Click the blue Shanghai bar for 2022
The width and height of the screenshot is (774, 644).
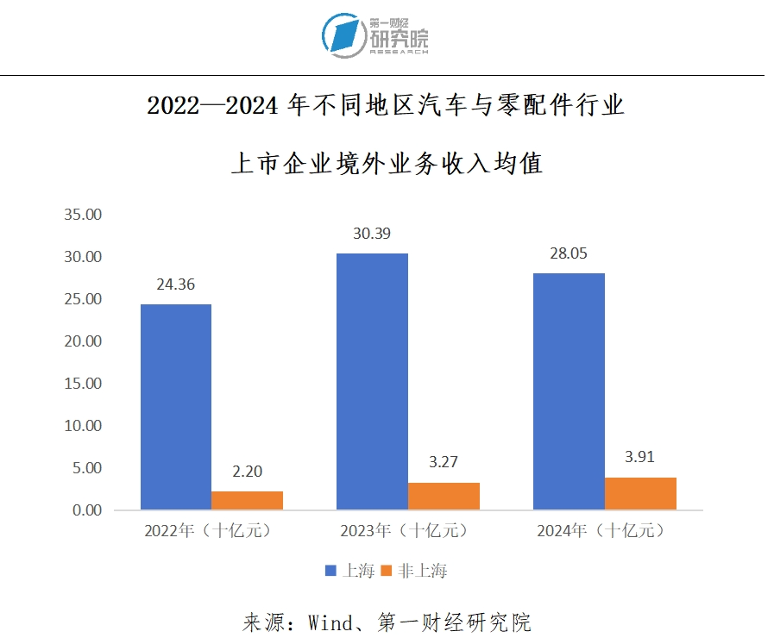pos(176,407)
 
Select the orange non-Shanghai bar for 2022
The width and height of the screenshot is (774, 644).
pos(247,501)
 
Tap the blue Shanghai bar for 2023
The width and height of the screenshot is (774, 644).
pos(373,382)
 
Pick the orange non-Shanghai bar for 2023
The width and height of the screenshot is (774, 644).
pos(444,497)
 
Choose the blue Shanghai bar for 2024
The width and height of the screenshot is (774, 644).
pos(569,391)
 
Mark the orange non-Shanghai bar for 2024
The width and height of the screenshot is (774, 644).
pos(640,494)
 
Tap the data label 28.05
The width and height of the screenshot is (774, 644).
pos(569,254)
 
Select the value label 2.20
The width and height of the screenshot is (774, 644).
pos(247,472)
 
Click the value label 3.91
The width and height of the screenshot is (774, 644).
pos(640,458)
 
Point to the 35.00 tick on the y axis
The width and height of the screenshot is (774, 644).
pos(84,215)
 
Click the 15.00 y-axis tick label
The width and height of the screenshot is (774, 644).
pos(84,384)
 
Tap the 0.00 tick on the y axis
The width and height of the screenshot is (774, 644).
pos(87,510)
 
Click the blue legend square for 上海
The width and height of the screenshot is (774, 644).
pos(330,571)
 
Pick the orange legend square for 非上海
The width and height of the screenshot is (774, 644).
pos(387,571)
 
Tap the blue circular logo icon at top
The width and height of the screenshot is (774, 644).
pos(343,35)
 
